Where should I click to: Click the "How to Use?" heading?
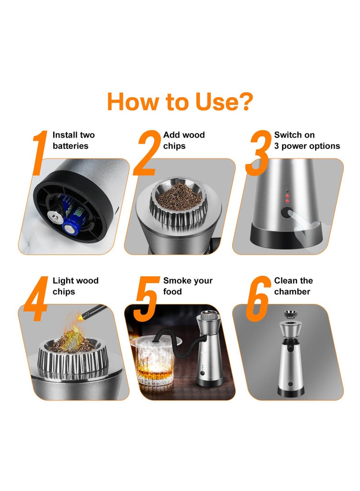(x=180, y=102)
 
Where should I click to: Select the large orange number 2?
(x=148, y=153)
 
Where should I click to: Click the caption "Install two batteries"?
(x=74, y=140)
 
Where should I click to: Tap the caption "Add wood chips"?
(x=184, y=140)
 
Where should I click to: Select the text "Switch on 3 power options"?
(x=307, y=140)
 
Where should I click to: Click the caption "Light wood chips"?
(x=76, y=286)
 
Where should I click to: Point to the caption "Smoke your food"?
(x=188, y=286)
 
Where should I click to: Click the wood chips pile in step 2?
(x=179, y=194)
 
